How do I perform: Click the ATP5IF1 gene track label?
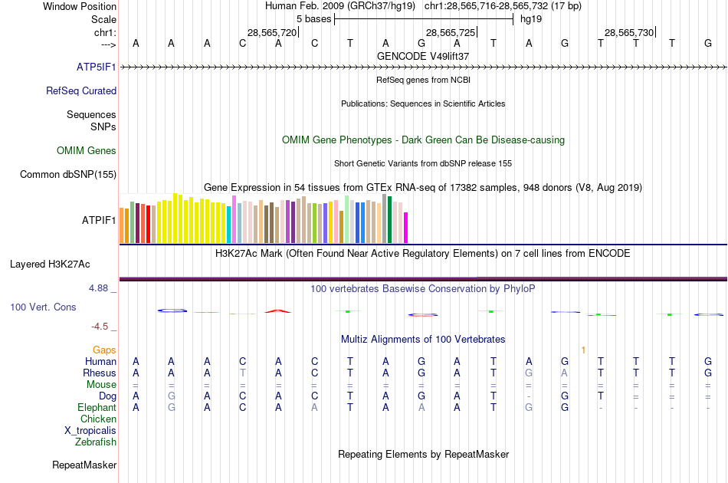click(96, 67)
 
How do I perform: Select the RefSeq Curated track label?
click(81, 90)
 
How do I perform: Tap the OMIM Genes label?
click(87, 150)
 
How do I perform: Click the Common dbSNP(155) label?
click(68, 174)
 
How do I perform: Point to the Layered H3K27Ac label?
click(50, 264)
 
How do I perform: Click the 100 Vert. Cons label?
click(43, 307)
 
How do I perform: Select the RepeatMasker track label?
click(84, 465)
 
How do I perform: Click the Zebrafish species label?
click(96, 442)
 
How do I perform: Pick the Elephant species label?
click(97, 407)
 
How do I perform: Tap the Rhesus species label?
click(100, 373)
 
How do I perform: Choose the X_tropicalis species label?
click(90, 430)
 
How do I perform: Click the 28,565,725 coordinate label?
click(451, 32)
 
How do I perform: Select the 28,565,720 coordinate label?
click(271, 32)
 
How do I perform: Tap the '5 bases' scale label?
click(313, 18)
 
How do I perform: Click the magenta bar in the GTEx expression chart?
click(406, 227)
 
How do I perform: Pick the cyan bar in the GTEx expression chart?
click(229, 225)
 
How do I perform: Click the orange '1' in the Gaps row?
click(583, 350)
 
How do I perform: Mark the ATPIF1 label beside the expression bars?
click(99, 220)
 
